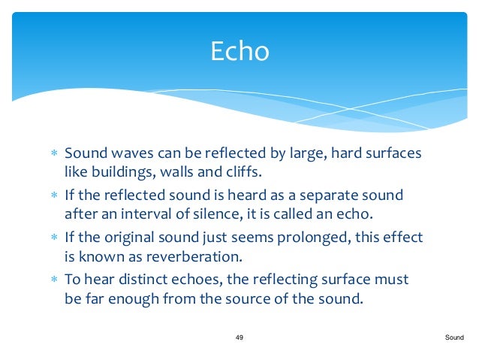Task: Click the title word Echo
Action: [x=239, y=51]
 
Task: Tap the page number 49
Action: [x=239, y=338]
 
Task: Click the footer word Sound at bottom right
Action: [x=454, y=338]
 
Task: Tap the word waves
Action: [x=122, y=153]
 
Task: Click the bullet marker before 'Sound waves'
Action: [x=54, y=154]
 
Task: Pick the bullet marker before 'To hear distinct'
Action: [x=54, y=280]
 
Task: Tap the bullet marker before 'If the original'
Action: [x=54, y=238]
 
